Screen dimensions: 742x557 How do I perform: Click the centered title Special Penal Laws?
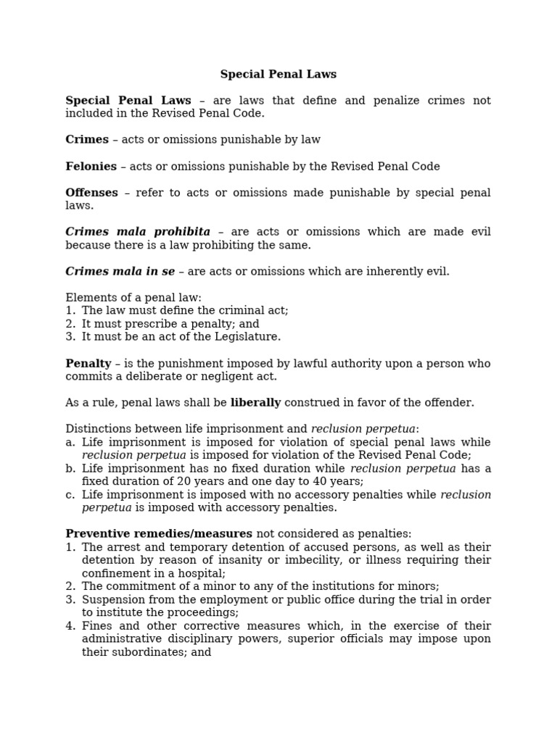pos(278,75)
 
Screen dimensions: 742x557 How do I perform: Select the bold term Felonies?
pos(91,167)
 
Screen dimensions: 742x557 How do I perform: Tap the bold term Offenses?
pos(91,193)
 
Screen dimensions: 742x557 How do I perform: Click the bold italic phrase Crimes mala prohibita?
pos(138,232)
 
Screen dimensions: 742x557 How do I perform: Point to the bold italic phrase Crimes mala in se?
pos(120,272)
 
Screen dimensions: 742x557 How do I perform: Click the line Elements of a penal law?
pos(133,298)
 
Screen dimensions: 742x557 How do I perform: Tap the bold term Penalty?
pos(88,364)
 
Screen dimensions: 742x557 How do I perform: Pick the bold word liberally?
pos(255,403)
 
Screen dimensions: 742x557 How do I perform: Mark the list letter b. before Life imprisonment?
pos(70,469)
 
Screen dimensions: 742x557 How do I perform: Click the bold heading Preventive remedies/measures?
pos(159,534)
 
